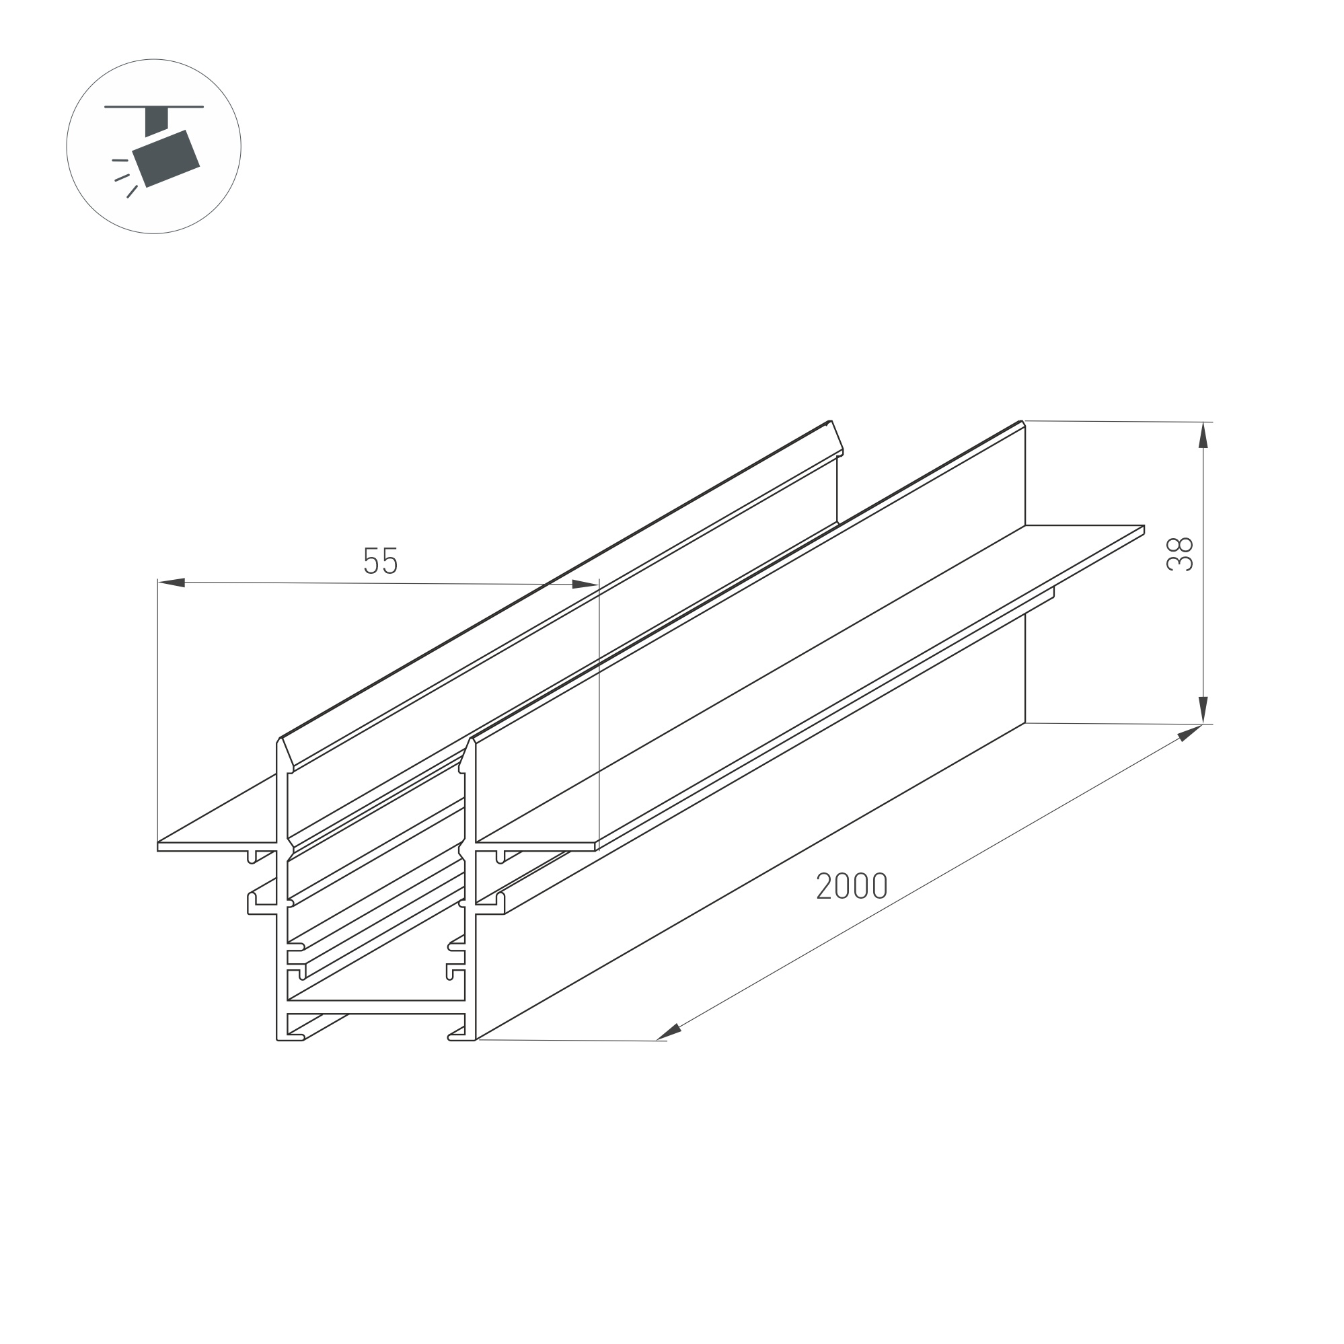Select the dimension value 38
click(1180, 554)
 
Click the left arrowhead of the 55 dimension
click(172, 583)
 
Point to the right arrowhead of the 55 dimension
click(585, 585)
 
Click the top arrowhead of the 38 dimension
click(1203, 435)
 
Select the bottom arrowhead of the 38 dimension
click(1203, 710)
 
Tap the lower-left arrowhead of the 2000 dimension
click(669, 1033)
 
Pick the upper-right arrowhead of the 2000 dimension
click(1190, 733)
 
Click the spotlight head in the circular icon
click(166, 159)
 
